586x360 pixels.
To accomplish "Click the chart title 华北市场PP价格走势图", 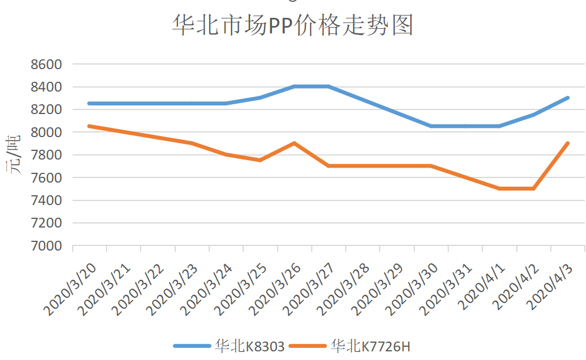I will pos(293,26).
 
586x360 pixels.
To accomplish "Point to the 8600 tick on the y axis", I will pos(46,65).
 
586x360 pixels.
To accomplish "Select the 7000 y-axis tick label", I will pos(46,246).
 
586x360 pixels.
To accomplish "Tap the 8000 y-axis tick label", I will pos(46,132).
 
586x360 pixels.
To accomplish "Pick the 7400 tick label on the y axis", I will pos(46,200).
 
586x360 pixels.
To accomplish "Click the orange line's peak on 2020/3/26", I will pos(294,143).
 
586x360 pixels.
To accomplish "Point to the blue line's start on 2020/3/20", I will pos(89,104).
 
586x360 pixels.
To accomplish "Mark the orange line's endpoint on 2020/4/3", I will pos(568,143).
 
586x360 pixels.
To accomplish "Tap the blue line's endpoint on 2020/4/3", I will pos(568,98).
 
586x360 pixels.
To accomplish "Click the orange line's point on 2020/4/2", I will pos(534,188).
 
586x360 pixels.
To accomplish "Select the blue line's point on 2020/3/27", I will pos(328,86).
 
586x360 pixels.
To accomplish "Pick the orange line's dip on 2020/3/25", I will pos(260,160).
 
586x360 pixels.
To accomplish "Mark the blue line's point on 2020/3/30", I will pos(431,126).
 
